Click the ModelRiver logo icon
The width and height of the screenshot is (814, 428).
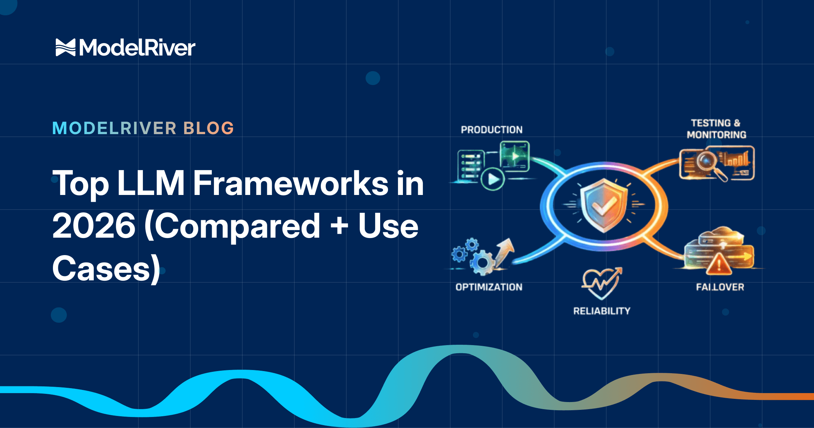pos(65,48)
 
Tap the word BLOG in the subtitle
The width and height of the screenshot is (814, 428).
pos(209,128)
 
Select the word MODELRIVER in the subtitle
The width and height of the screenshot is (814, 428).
pos(114,128)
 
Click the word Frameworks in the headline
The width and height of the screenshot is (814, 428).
pos(290,184)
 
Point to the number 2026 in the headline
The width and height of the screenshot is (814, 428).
pos(94,226)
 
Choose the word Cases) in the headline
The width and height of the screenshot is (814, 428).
pos(106,269)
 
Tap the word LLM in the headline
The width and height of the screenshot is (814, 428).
pos(151,184)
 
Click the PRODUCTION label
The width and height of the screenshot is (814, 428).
pos(491,130)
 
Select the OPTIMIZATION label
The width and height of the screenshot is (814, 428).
pos(489,287)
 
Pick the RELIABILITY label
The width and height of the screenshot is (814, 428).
pos(602,311)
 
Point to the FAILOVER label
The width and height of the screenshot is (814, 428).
pos(720,287)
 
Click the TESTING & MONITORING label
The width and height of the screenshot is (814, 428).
pos(716,129)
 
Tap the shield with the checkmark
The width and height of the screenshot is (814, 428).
pos(604,206)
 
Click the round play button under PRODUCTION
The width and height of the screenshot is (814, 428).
pos(492,179)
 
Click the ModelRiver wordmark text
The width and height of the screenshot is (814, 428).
pos(137,48)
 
